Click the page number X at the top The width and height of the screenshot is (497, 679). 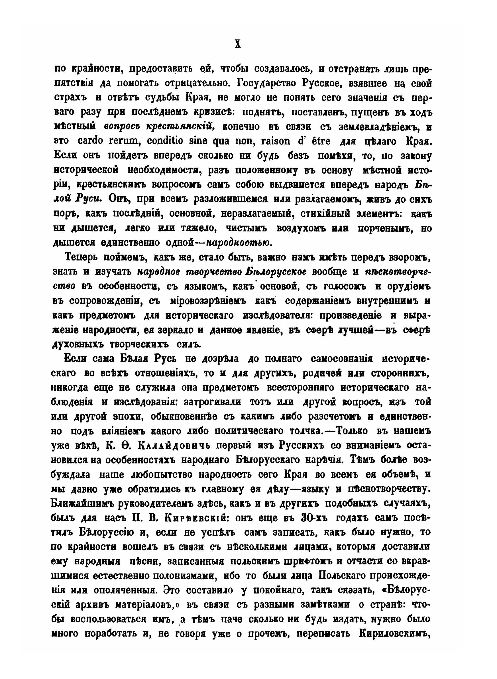click(238, 45)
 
